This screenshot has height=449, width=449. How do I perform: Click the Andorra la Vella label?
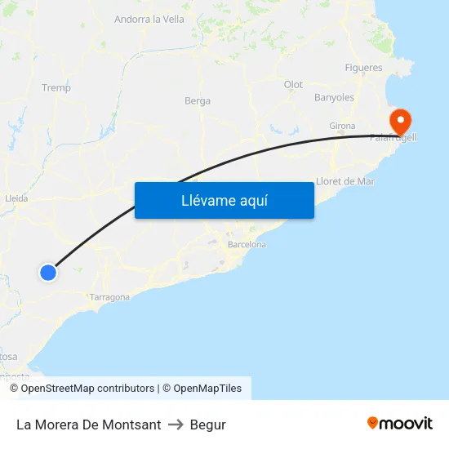149,20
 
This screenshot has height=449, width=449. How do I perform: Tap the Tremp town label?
56,87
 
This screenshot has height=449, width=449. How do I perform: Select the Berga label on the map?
198,101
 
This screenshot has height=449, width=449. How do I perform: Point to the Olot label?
293,85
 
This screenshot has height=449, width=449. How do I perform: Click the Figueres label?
363,68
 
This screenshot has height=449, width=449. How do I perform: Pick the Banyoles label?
334,98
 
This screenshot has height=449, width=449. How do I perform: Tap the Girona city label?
342,126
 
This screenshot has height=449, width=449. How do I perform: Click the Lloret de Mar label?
345,181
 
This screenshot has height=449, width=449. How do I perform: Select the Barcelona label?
247,244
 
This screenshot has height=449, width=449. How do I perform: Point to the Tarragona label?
109,297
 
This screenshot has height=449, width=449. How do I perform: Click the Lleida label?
16,198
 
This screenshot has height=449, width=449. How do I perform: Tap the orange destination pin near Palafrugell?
400,122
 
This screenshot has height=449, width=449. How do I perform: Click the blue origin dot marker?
48,273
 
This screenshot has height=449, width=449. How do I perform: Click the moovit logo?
400,424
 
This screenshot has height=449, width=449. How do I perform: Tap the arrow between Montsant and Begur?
175,425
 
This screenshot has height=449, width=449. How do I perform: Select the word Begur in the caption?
207,425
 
